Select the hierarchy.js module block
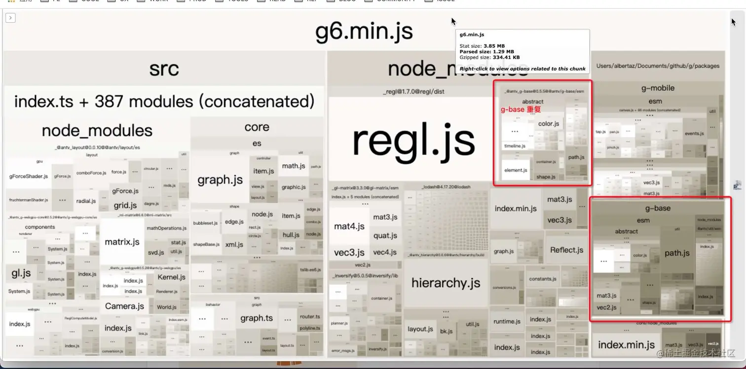pos(446,283)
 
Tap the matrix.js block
pos(122,242)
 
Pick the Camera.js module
pos(124,306)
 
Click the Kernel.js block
pos(171,277)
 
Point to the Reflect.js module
pos(566,250)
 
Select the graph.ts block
pos(256,318)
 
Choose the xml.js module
pos(234,244)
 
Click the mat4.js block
pos(349,226)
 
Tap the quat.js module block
pos(385,235)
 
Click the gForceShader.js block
pos(29,176)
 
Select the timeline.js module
pos(515,146)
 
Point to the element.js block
pos(516,170)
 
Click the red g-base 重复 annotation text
pos(521,110)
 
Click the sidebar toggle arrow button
pos(10,18)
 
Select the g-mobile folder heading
pos(658,88)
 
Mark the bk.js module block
pos(447,331)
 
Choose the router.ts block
pos(310,317)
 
